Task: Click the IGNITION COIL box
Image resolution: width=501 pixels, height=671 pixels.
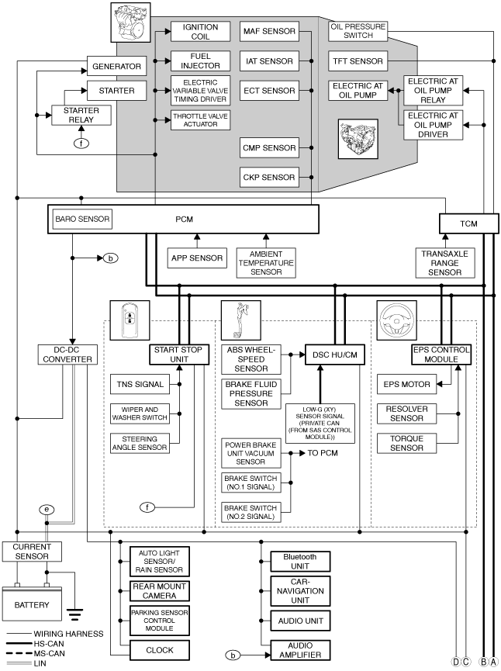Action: [x=200, y=32]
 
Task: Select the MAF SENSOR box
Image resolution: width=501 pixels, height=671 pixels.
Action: [x=269, y=31]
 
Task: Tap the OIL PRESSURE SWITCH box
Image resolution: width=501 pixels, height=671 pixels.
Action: [x=358, y=31]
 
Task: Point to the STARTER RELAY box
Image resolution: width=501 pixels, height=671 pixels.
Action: [x=81, y=115]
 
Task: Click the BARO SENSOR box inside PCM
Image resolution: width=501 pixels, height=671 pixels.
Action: [x=82, y=219]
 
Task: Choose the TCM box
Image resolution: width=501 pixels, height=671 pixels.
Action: [x=469, y=223]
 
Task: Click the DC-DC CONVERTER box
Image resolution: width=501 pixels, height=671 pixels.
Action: [x=67, y=355]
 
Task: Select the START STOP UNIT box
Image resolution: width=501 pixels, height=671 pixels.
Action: [x=179, y=355]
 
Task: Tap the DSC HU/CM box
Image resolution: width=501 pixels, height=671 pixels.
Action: [x=335, y=355]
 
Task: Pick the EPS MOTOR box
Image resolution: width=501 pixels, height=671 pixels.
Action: [x=406, y=384]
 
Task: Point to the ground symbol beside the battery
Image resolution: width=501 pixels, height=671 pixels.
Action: [x=74, y=614]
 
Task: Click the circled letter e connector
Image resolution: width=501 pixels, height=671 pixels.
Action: [x=47, y=510]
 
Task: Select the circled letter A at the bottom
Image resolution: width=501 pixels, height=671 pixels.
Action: [x=494, y=662]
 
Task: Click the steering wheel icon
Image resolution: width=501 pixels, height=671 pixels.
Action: [x=396, y=320]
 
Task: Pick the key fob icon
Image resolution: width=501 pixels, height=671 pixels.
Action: [x=130, y=320]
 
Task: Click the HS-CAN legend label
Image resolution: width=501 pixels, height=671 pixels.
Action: [x=49, y=644]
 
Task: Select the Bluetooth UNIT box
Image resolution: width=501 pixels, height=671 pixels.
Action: [x=300, y=562]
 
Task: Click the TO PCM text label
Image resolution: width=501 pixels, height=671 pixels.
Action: [x=323, y=453]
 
